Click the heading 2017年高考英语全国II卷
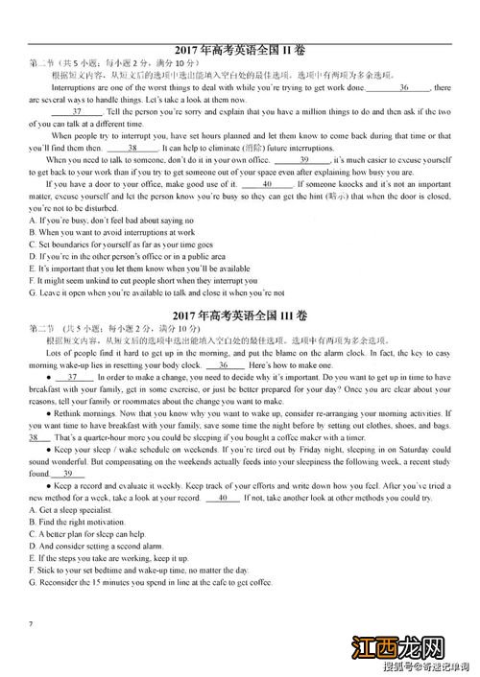(x=240, y=50)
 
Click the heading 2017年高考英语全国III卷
(x=240, y=315)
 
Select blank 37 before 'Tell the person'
(x=72, y=111)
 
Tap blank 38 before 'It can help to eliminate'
(x=132, y=148)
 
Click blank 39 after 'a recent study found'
(x=67, y=474)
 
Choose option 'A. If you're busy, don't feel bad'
(x=111, y=221)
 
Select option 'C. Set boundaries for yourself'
(x=120, y=245)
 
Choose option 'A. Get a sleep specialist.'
(x=73, y=510)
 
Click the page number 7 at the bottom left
(x=32, y=624)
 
